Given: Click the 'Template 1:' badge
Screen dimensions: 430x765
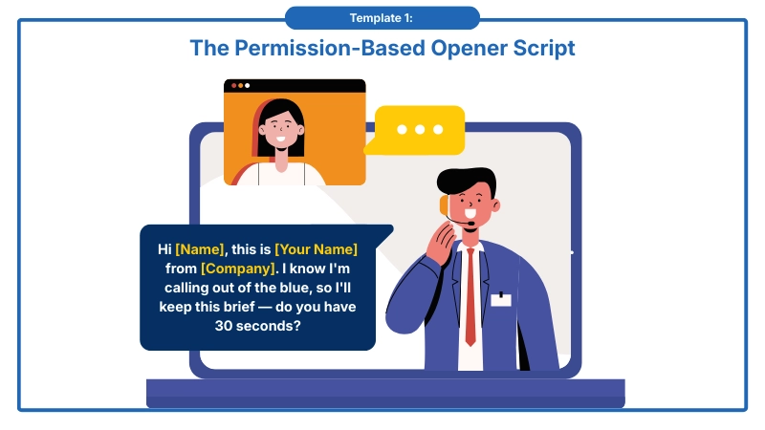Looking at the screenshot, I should pos(382,17).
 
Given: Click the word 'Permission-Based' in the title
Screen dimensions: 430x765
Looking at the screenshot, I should pos(331,47).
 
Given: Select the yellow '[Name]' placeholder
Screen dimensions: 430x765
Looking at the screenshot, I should pos(200,249).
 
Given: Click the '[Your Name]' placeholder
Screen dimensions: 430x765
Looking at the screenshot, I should pos(316,249).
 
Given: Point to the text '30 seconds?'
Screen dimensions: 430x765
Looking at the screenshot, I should pos(257,326).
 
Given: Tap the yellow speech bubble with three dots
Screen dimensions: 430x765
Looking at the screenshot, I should pos(419,130).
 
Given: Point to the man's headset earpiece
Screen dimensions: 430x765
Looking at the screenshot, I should pos(445,204).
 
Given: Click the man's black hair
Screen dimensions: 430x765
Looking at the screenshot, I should pos(470,179).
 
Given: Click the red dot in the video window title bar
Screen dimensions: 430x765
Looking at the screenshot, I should pos(232,86).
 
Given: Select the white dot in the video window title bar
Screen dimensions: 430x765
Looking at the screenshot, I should pos(248,86).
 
